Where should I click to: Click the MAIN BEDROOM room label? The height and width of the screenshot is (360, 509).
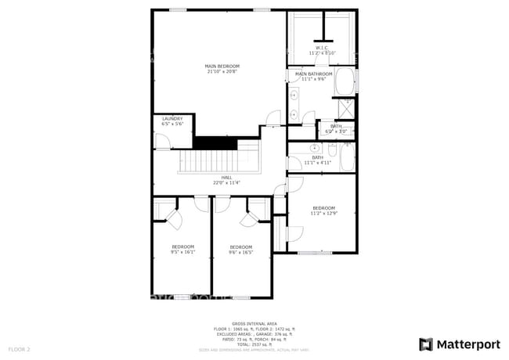click(222, 66)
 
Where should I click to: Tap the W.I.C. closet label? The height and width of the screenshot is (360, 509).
click(322, 48)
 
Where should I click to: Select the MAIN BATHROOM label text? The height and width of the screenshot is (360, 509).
click(309, 74)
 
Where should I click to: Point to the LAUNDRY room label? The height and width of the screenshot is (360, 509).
click(172, 119)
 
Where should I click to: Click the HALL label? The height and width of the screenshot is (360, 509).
click(226, 177)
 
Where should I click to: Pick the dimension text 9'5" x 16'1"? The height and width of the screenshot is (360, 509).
click(182, 252)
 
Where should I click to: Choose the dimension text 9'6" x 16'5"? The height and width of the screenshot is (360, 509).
click(240, 252)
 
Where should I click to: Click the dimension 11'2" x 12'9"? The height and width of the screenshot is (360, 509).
click(323, 213)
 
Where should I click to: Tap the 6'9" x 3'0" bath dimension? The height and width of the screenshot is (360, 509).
click(336, 131)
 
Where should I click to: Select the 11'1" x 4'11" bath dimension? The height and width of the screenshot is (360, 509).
click(318, 162)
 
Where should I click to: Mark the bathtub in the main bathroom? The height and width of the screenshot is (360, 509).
click(345, 82)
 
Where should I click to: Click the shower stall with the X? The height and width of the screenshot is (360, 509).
click(345, 108)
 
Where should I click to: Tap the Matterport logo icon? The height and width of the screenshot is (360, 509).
click(426, 344)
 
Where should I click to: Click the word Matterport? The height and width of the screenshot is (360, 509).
click(467, 344)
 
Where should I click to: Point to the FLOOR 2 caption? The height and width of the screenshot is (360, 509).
click(19, 348)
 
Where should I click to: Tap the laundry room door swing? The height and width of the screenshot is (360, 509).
click(161, 141)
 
